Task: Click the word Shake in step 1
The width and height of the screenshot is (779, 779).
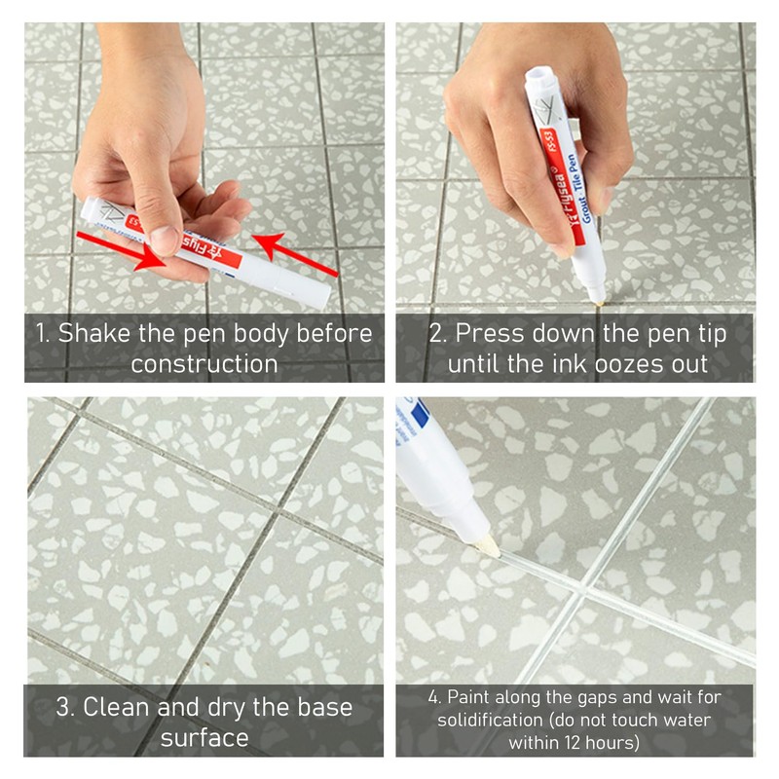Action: click(x=97, y=333)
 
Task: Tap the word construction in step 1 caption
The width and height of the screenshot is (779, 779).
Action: click(x=204, y=365)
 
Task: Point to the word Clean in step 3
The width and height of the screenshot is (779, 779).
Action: click(x=120, y=707)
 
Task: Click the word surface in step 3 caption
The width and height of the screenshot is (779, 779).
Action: click(x=204, y=738)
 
